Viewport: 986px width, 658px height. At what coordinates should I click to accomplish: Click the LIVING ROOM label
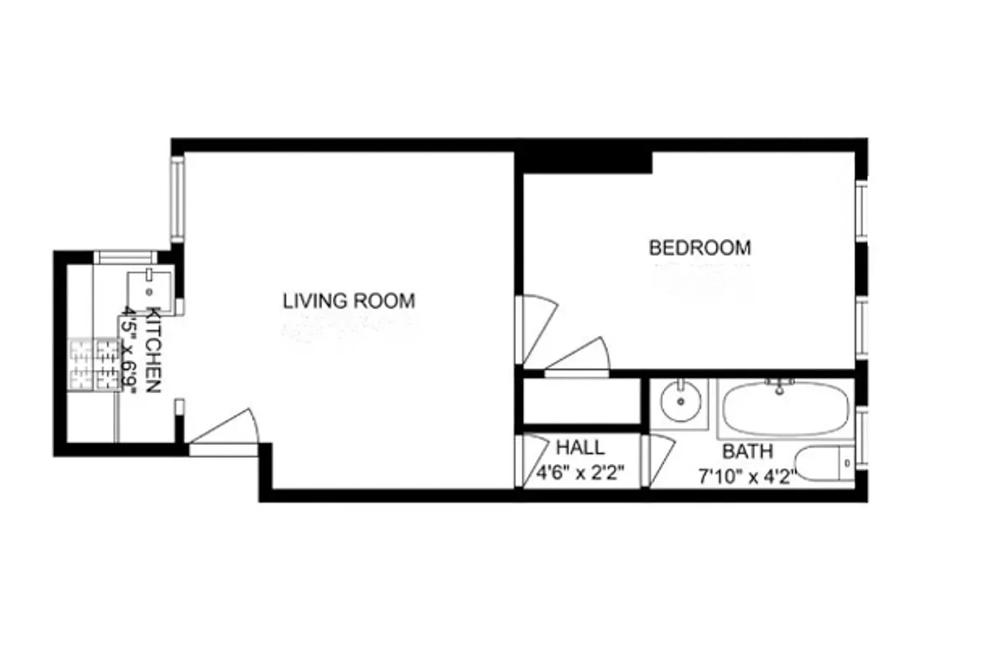point(348,301)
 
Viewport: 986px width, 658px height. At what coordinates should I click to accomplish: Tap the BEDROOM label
point(699,248)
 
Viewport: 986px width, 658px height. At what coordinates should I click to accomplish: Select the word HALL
point(580,448)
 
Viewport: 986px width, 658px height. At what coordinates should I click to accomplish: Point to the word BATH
point(747,452)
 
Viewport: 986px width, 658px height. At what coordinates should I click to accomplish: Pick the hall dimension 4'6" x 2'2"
point(580,473)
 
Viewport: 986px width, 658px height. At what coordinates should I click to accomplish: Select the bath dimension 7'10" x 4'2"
point(747,476)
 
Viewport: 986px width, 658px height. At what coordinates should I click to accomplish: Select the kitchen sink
point(149,290)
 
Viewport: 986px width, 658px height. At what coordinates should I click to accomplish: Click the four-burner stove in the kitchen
point(94,364)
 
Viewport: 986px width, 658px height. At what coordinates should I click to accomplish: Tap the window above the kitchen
point(125,257)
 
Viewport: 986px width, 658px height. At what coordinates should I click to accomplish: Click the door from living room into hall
point(533,460)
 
